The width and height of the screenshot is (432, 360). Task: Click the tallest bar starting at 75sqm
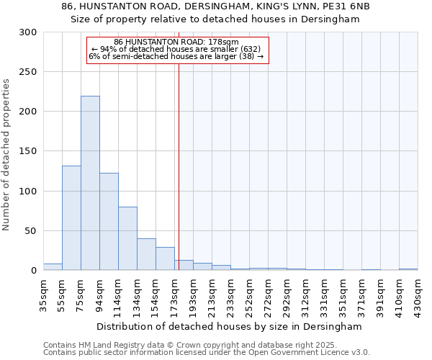[90, 184]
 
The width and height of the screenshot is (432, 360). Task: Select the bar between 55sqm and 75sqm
[71, 218]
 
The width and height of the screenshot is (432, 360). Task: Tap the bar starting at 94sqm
[109, 222]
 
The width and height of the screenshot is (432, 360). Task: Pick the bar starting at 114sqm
[127, 238]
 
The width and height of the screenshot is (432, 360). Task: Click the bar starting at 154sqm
[165, 258]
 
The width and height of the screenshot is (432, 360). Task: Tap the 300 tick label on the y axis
[28, 32]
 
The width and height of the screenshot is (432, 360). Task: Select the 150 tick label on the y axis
[28, 151]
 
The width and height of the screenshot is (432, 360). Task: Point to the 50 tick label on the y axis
[31, 231]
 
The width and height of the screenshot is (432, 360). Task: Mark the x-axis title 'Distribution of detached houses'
[217, 326]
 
